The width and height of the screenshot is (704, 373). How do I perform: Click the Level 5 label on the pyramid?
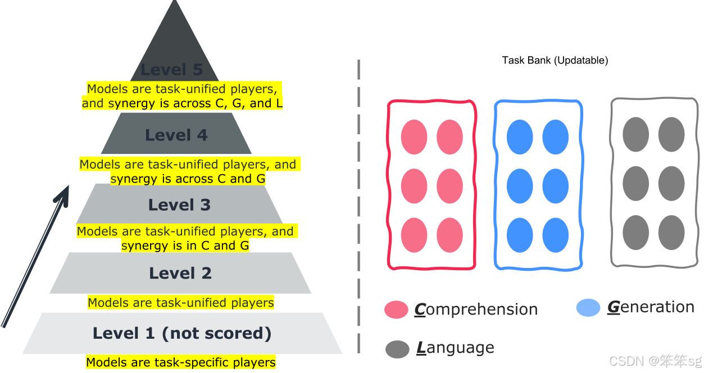(x=171, y=70)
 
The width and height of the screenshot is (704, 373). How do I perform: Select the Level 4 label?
(x=176, y=135)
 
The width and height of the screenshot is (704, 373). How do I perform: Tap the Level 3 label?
(x=179, y=205)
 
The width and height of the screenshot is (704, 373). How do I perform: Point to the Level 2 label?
(x=180, y=274)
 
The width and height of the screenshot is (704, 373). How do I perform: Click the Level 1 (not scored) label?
(x=182, y=333)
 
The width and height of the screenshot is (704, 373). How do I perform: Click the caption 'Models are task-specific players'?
(x=181, y=362)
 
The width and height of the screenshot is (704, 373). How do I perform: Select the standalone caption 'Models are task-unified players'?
(x=181, y=303)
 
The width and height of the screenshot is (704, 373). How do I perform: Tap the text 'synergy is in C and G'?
(x=185, y=245)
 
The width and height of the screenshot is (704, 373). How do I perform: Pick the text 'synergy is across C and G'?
(x=188, y=179)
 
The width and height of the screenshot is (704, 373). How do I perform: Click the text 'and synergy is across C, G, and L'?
(x=182, y=103)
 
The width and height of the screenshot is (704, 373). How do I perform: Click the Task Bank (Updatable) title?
(x=555, y=60)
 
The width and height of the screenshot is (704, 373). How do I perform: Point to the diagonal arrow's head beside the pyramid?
(x=63, y=194)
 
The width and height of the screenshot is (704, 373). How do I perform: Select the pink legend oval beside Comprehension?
(x=396, y=310)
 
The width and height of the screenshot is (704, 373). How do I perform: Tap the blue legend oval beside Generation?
(x=588, y=308)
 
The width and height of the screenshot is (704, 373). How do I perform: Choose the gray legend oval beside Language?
(x=397, y=349)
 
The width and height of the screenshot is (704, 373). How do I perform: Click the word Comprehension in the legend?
(x=476, y=310)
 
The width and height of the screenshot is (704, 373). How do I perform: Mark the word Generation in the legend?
(x=651, y=307)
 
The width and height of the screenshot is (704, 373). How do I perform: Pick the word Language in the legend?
(x=455, y=348)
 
